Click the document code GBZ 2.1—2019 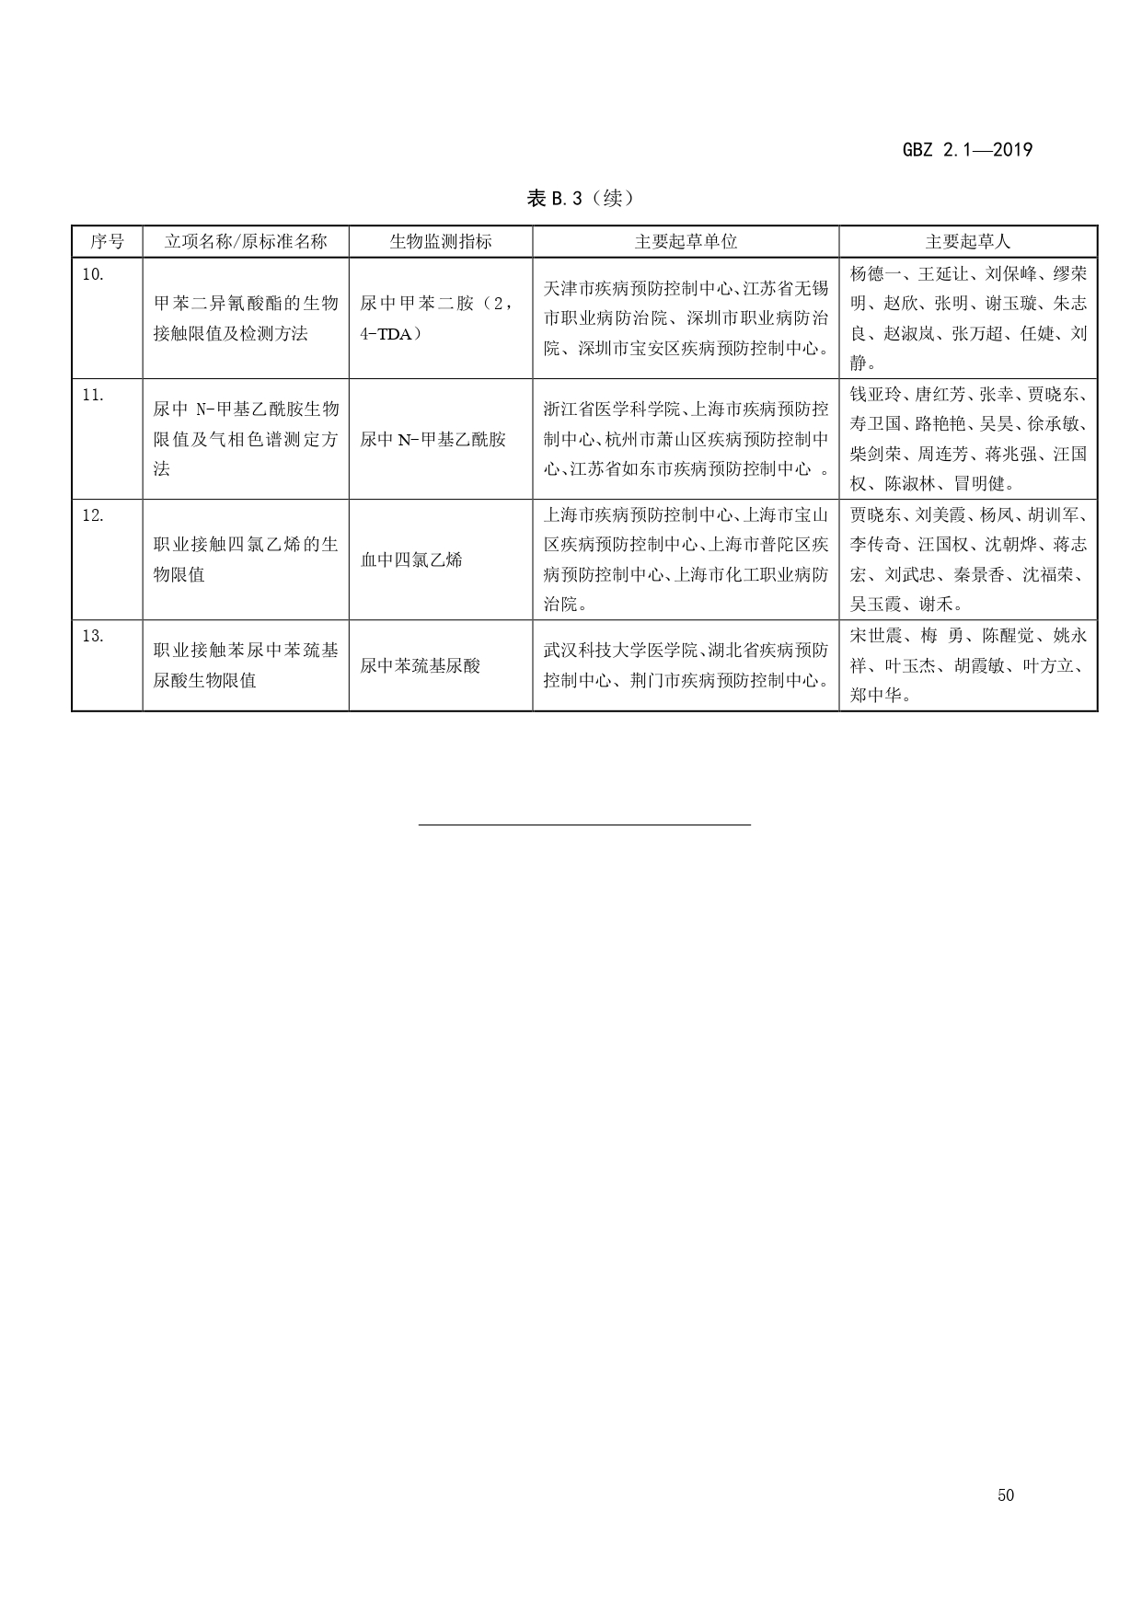[x=967, y=150]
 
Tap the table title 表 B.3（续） [x=580, y=198]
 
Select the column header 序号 [x=107, y=242]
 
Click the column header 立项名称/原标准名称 [x=245, y=242]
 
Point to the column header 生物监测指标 [x=440, y=242]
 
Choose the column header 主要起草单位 [x=686, y=242]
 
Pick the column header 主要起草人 [x=967, y=242]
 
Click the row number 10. [x=93, y=274]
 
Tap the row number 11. [x=93, y=395]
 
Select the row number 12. [x=93, y=515]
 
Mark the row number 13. [x=93, y=636]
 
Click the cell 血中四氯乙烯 [x=410, y=559]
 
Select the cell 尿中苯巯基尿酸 [x=420, y=665]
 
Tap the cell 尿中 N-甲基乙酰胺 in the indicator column [x=433, y=439]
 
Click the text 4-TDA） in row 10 [x=391, y=333]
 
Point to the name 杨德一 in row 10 [x=874, y=273]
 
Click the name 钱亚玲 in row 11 [x=874, y=395]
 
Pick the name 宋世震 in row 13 [x=874, y=636]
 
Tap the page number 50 [x=1005, y=1495]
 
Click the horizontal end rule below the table [x=584, y=825]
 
